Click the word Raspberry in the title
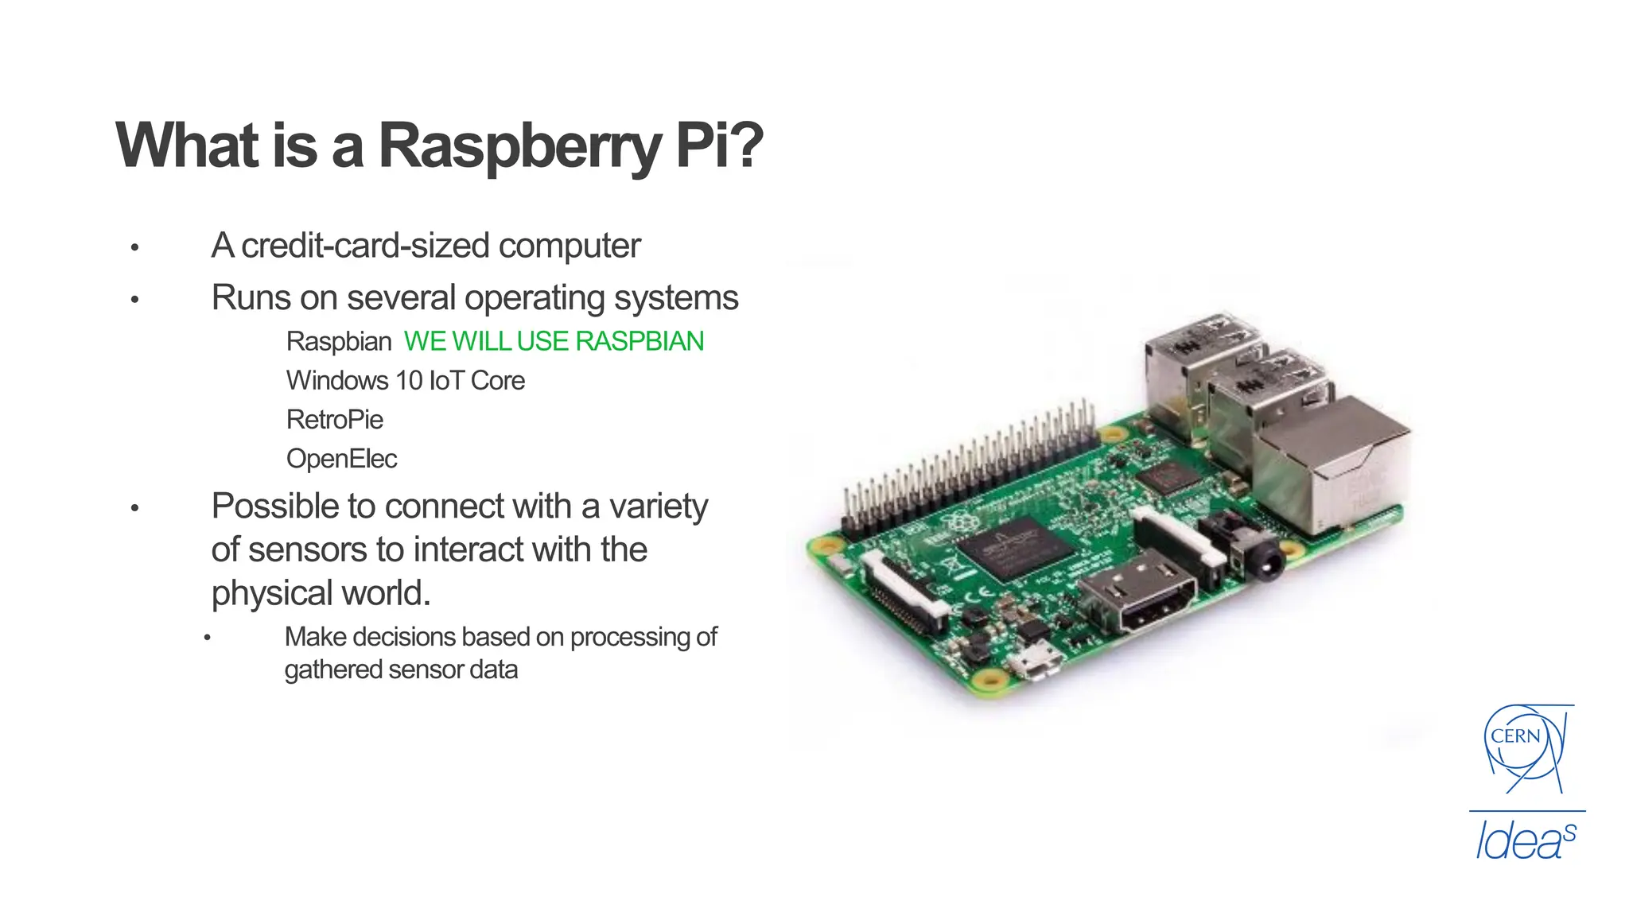[519, 146]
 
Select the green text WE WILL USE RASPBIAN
[554, 341]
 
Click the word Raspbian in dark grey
[338, 342]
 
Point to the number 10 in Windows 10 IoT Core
[409, 381]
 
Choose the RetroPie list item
[334, 420]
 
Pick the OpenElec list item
[341, 459]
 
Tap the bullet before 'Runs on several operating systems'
[135, 300]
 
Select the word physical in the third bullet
[271, 593]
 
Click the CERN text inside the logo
[1515, 736]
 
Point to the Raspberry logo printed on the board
[960, 522]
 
